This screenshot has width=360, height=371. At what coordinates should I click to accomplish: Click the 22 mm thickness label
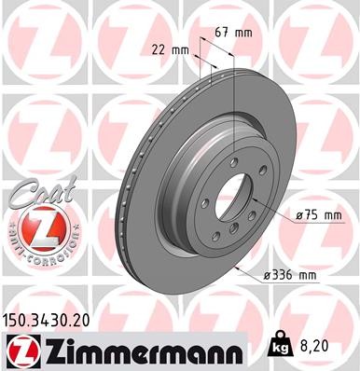click(x=171, y=50)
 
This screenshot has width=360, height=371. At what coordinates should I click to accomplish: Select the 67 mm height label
click(x=233, y=34)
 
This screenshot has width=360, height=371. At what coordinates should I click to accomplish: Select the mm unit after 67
click(x=245, y=34)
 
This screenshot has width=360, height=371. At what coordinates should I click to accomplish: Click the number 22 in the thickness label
click(x=160, y=50)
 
